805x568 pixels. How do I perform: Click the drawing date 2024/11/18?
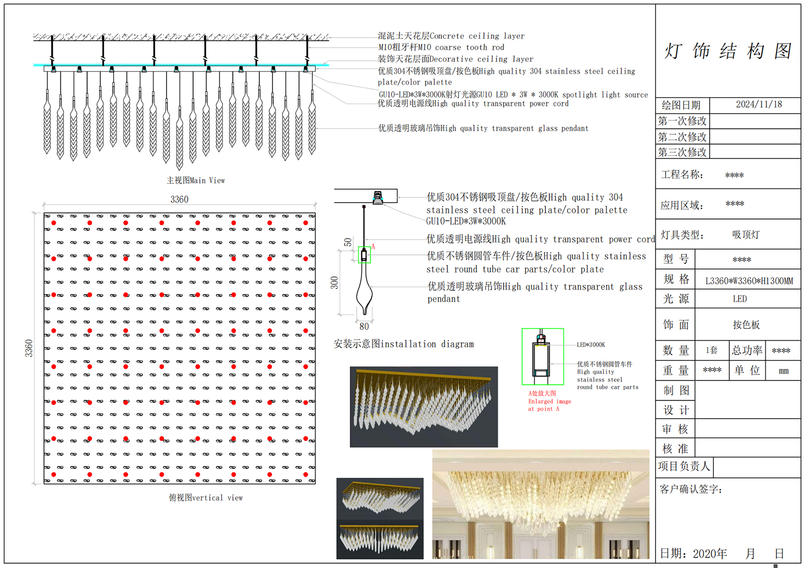759,104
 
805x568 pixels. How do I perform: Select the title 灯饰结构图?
728,51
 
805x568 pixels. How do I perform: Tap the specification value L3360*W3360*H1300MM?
749,281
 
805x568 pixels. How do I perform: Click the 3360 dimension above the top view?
179,199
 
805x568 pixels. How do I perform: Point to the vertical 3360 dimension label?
28,348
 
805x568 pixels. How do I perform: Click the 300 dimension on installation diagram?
334,282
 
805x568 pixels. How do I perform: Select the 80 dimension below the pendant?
364,326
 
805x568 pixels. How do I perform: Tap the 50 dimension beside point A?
348,242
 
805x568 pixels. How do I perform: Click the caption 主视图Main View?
196,180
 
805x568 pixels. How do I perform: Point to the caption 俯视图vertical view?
206,498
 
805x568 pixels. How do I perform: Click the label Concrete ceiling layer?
477,36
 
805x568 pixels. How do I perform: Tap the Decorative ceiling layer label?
481,59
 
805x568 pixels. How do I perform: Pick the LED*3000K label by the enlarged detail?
591,345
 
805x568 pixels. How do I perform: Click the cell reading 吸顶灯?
746,235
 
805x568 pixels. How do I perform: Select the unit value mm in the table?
783,371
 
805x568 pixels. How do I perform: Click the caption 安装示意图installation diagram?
404,344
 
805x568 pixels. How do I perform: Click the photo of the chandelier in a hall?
541,504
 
